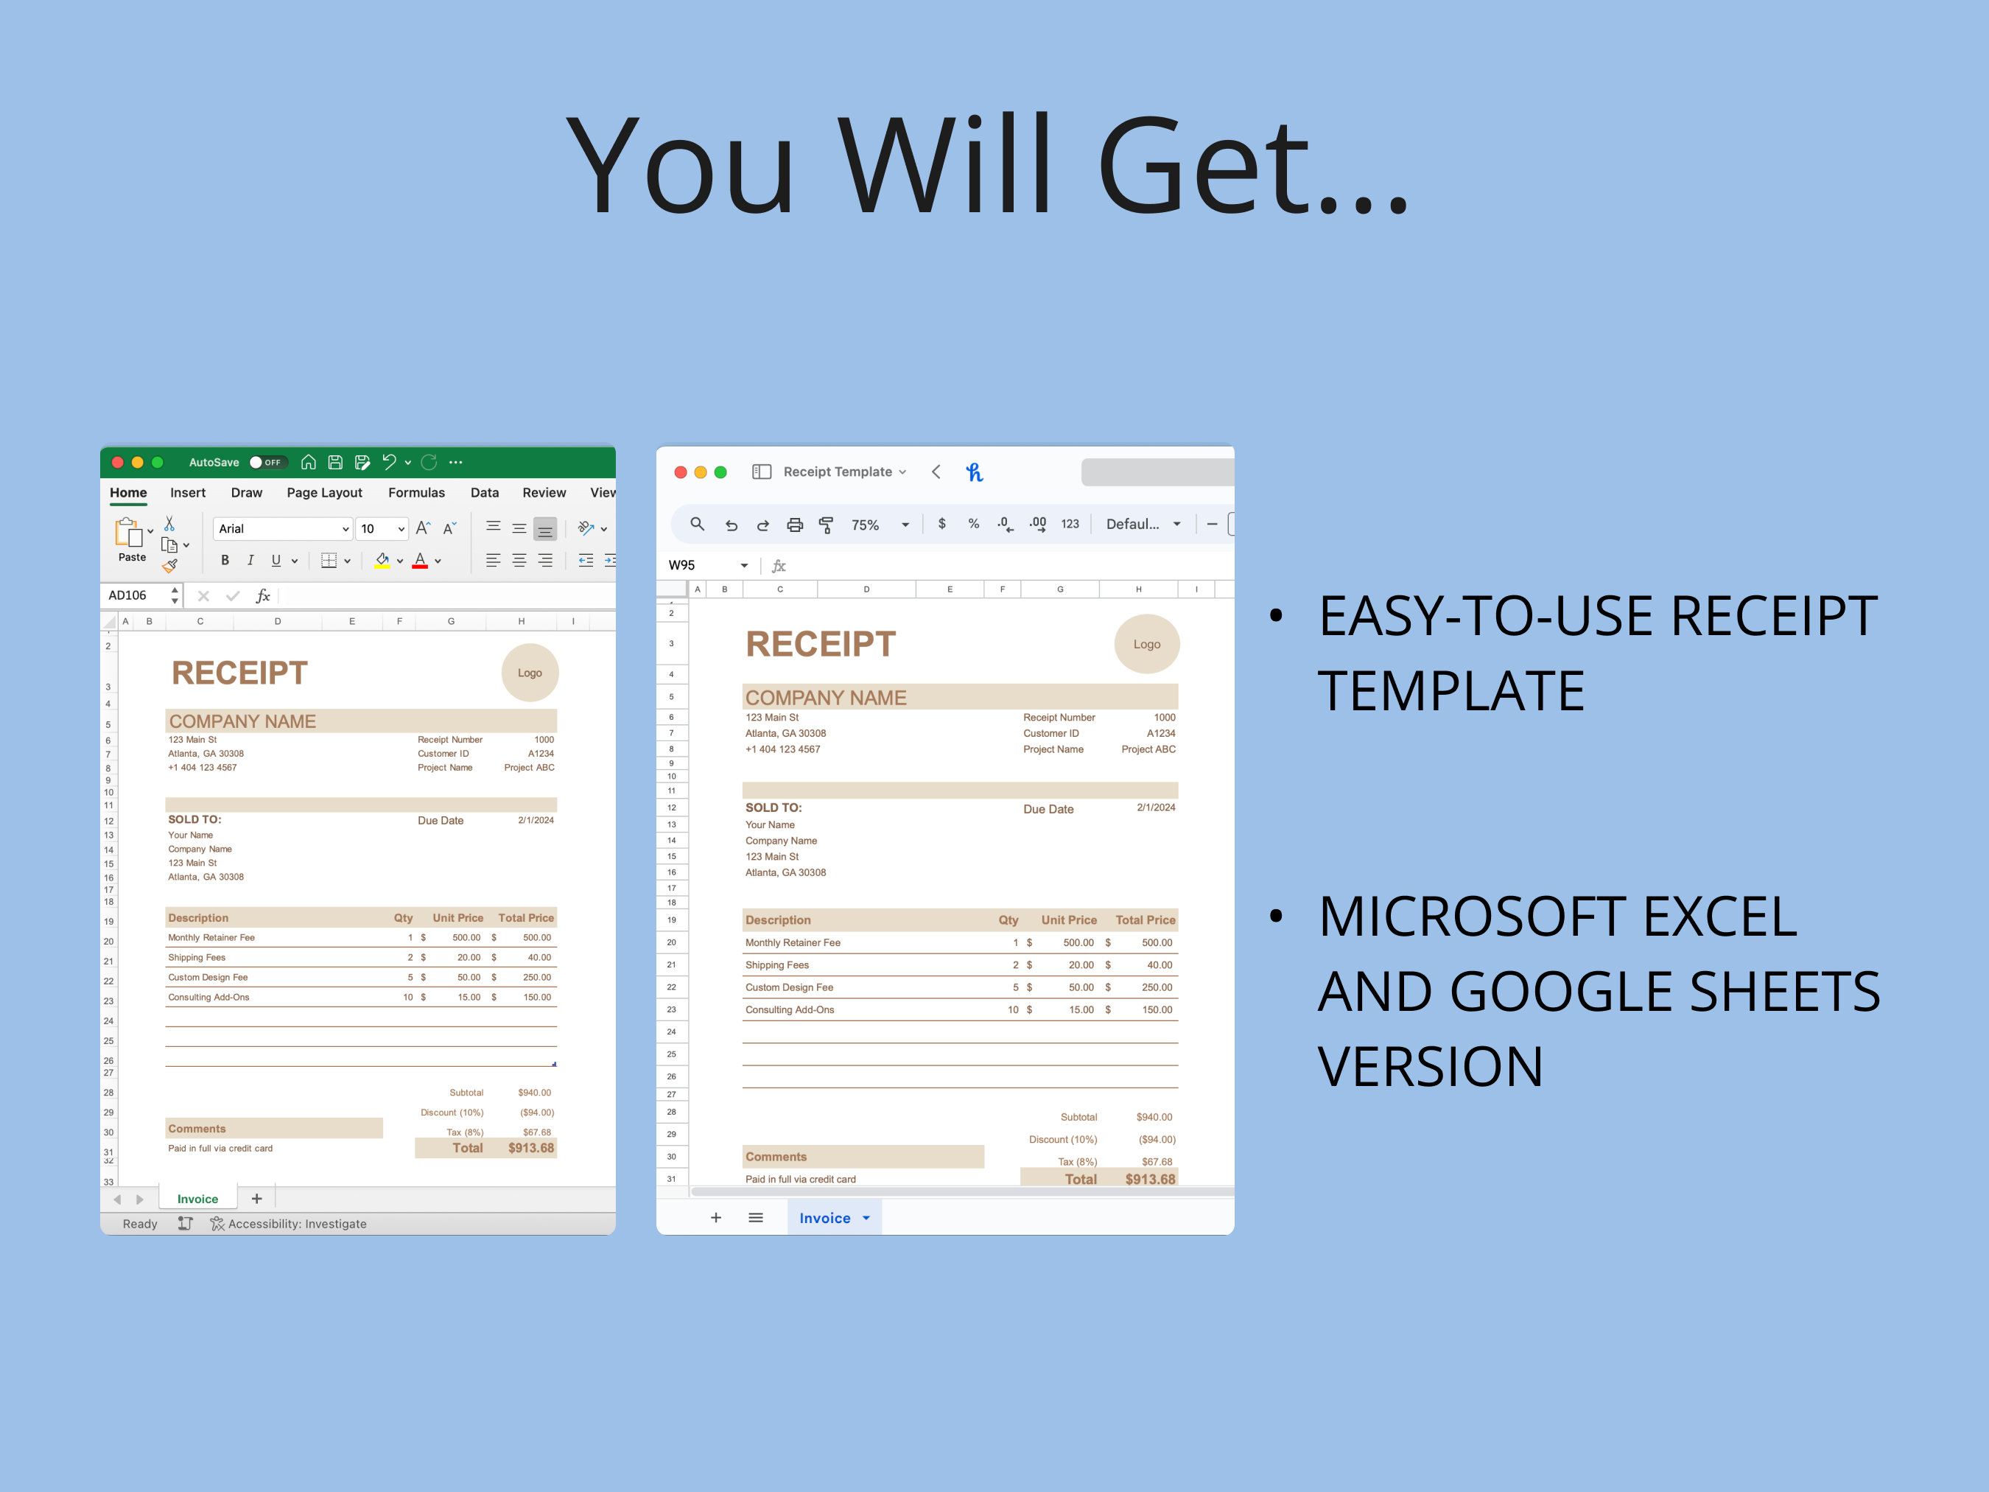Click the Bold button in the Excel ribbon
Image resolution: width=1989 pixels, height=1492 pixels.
(225, 560)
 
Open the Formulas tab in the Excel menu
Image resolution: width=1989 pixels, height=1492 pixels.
(416, 493)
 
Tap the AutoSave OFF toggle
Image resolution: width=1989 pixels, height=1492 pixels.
(266, 462)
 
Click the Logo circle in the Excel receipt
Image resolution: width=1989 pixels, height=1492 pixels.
(530, 673)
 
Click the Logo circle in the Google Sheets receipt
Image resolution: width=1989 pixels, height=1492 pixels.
(1146, 644)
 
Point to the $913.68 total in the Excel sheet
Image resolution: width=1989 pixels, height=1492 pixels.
(530, 1149)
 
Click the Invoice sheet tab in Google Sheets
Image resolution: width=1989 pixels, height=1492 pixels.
(824, 1218)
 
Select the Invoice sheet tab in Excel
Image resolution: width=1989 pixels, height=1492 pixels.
(198, 1199)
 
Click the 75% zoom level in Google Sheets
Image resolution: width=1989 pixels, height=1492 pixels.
(865, 525)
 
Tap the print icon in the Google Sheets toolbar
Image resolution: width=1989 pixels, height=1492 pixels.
(795, 525)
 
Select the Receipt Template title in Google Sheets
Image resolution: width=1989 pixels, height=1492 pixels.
(837, 472)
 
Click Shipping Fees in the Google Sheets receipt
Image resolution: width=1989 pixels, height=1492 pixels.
(777, 965)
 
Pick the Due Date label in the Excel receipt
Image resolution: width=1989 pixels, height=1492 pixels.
(441, 820)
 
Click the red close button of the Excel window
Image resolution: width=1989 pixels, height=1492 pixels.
(118, 462)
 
